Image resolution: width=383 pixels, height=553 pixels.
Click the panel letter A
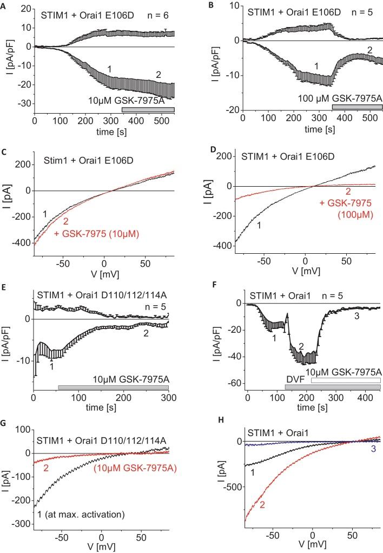point(5,5)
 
